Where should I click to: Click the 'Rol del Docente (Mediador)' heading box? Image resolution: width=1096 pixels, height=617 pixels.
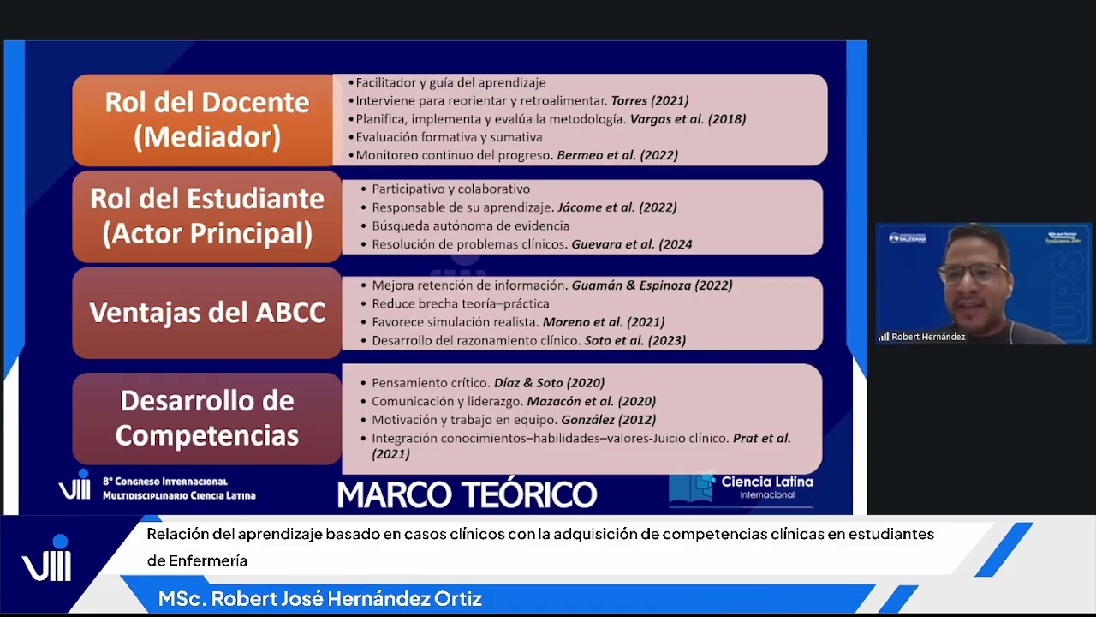coord(206,119)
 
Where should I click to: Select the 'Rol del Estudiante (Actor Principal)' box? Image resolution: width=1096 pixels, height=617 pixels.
coord(207,216)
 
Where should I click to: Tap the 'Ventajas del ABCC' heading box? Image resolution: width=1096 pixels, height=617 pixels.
coord(207,313)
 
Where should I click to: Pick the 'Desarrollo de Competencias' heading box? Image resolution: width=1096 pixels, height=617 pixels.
coord(207,418)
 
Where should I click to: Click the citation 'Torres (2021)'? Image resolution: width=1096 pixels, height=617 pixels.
coord(649,101)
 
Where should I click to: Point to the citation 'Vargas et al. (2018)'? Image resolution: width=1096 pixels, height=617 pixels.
coord(688,119)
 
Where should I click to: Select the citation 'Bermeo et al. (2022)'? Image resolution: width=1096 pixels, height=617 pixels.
coord(616,155)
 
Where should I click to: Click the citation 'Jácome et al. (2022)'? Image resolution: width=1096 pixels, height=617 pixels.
coord(616,207)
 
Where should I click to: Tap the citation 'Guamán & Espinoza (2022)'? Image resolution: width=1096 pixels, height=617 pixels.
coord(652,285)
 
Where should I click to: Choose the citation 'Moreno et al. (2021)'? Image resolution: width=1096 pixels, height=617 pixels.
coord(604,322)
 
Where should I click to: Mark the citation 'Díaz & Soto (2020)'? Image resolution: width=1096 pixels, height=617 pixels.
coord(549,383)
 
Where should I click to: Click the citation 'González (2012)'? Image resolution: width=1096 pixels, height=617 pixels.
coord(608,420)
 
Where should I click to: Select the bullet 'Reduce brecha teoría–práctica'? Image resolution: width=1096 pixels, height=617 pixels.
coord(461,304)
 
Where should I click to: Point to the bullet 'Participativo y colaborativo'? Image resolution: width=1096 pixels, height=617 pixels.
coord(450,189)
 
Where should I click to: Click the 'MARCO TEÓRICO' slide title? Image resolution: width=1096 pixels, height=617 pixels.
coord(467,494)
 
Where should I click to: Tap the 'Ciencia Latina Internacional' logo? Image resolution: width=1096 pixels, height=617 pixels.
coord(742,488)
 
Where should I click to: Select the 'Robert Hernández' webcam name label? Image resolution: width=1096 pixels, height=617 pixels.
coord(927,337)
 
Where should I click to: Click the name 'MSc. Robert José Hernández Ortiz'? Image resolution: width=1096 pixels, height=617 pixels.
coord(320,599)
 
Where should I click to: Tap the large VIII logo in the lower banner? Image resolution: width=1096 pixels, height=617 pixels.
coord(47,560)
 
